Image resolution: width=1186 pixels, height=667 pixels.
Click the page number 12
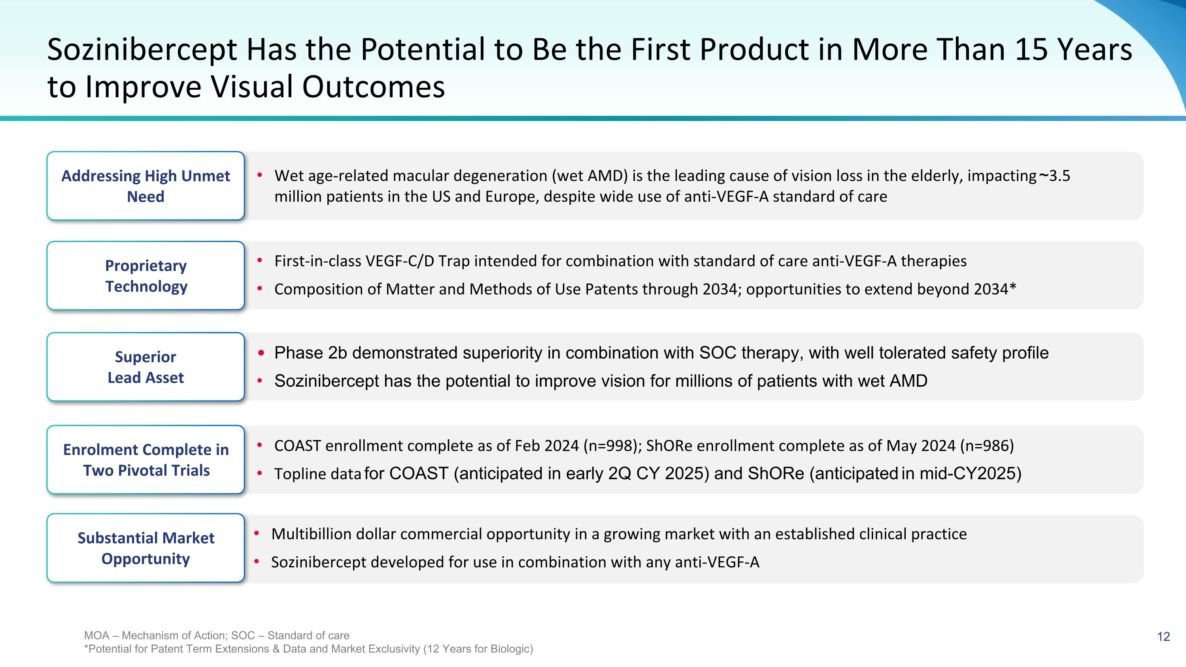point(1163,637)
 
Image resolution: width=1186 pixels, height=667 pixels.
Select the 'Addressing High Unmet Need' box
point(145,185)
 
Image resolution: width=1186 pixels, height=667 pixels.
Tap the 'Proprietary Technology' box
point(145,275)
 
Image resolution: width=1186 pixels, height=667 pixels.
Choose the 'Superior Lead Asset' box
point(145,367)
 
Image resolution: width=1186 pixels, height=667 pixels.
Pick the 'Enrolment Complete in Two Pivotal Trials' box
point(145,459)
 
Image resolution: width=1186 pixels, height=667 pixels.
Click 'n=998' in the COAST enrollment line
point(610,446)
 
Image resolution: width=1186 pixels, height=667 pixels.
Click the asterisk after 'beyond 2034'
point(1012,287)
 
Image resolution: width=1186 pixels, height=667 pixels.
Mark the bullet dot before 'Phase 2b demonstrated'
point(261,353)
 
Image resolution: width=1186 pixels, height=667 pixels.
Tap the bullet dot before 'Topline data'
point(260,473)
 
